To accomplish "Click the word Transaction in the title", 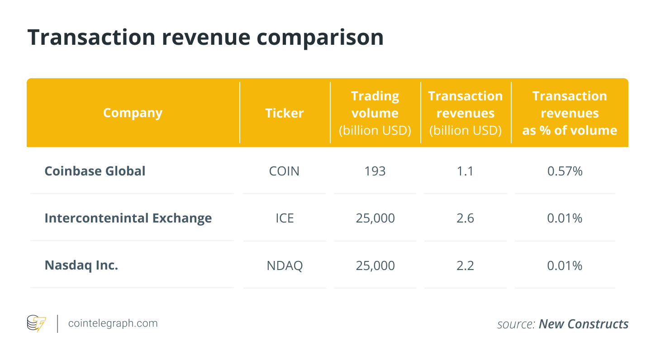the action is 91,38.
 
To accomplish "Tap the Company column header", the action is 133,113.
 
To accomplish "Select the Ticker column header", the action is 285,113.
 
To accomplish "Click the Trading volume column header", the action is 375,113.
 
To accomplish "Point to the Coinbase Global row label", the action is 95,171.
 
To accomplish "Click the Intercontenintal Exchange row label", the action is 128,218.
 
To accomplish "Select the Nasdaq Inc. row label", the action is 81,265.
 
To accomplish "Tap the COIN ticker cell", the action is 284,171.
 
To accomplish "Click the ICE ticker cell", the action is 285,218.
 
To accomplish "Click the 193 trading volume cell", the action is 375,171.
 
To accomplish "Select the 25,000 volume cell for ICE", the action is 375,218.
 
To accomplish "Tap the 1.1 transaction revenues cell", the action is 465,171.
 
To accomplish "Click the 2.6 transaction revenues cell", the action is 465,218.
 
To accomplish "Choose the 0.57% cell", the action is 565,171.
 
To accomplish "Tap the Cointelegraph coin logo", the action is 36,323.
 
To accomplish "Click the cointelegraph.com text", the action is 113,323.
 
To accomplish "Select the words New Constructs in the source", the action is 583,324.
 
